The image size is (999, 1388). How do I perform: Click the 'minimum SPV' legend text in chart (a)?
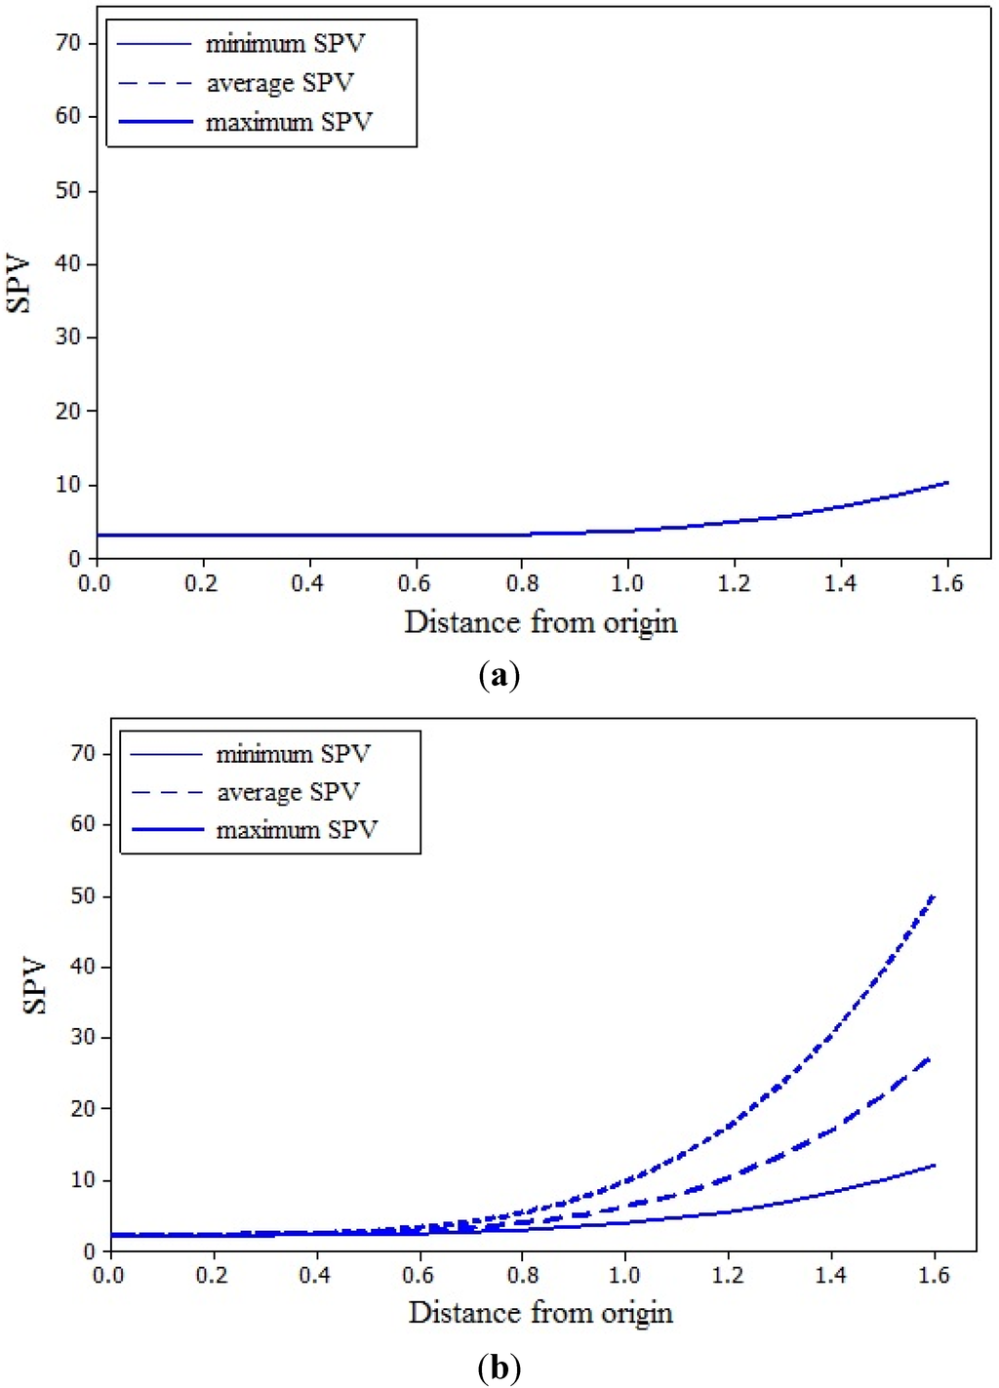point(285,44)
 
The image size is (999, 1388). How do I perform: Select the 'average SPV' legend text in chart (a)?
point(280,83)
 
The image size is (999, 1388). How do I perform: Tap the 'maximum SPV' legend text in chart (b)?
point(297,830)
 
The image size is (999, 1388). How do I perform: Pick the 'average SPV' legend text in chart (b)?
point(289,792)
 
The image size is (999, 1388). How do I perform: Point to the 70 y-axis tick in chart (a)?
point(67,43)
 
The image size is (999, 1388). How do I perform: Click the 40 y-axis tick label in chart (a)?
point(67,263)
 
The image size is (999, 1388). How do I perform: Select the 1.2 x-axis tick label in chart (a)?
point(734,583)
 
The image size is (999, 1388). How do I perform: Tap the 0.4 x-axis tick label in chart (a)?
point(307,583)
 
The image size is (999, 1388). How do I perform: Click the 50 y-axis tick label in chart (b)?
point(83,895)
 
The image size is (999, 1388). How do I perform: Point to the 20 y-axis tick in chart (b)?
point(83,1108)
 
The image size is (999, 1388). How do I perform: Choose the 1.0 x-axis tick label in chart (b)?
point(624,1275)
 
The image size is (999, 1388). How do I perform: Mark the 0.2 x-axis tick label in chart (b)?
point(212,1275)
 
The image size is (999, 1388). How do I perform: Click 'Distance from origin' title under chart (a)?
point(540,622)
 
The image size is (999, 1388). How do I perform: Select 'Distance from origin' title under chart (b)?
point(540,1313)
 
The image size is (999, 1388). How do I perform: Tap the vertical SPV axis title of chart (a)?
point(18,284)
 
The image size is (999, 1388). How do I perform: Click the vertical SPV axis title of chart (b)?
point(34,985)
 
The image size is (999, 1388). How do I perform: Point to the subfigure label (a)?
point(499,675)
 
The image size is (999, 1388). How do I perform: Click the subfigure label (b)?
point(499,1368)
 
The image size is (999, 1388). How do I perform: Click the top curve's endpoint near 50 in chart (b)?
point(934,895)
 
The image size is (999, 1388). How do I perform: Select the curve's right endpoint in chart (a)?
point(946,483)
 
